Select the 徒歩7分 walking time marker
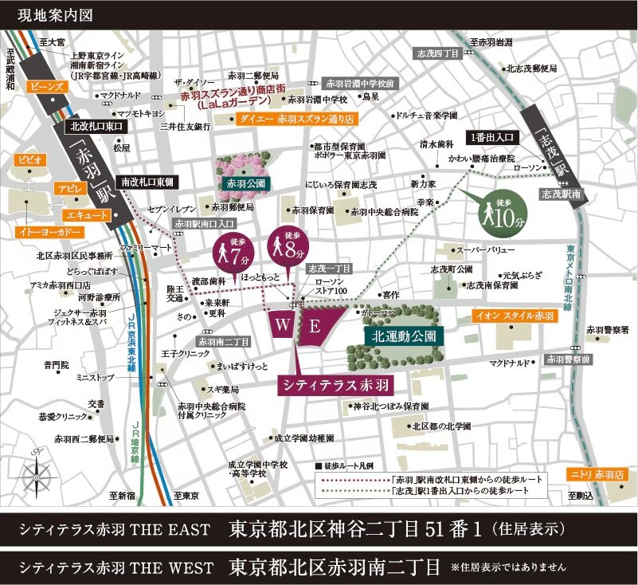(226, 252)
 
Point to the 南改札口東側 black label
(146, 183)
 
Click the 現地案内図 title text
(41, 14)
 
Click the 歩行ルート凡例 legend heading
(355, 465)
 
